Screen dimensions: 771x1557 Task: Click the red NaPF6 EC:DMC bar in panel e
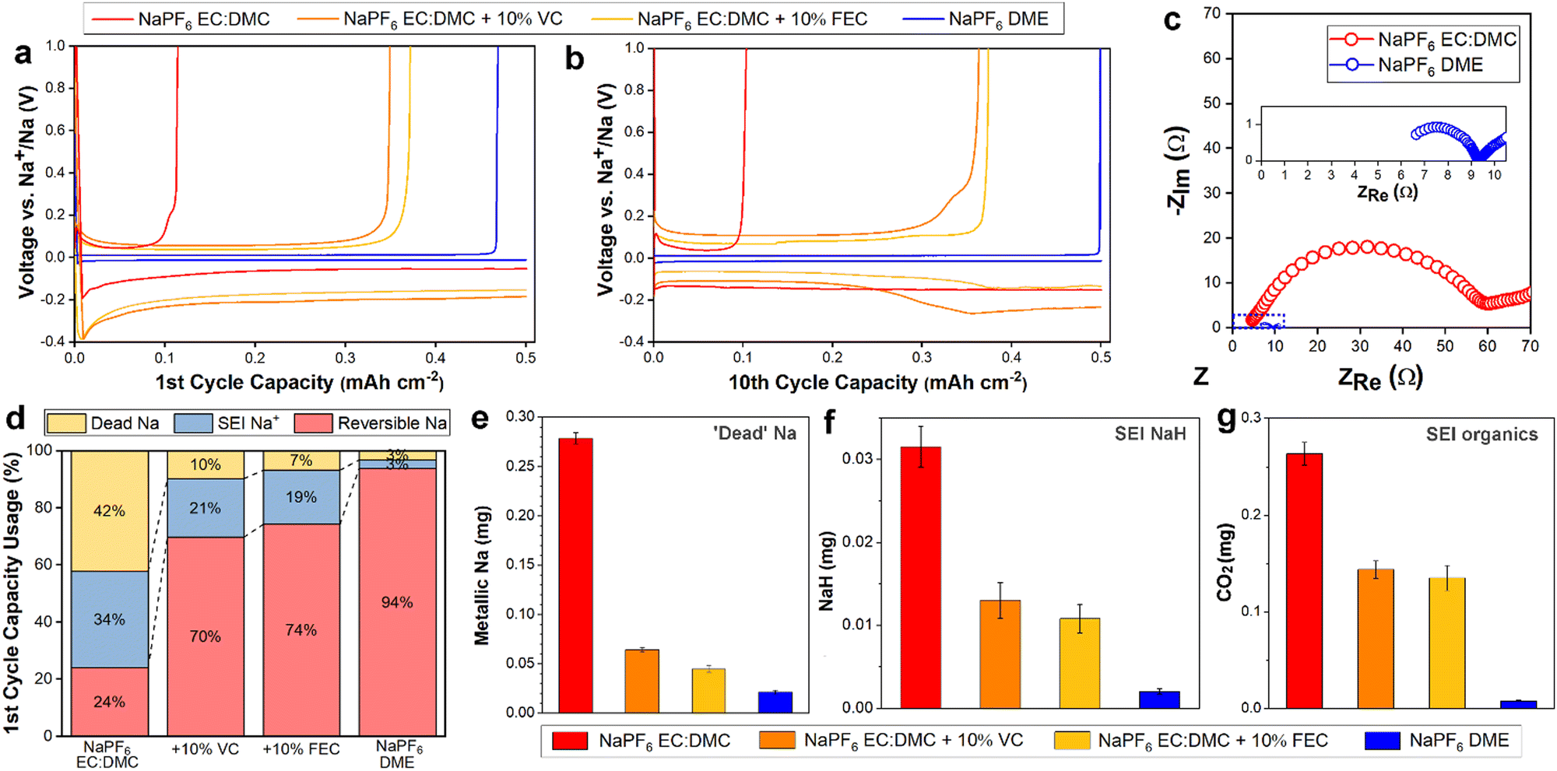click(x=575, y=576)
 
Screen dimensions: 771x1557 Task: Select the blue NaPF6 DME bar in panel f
click(x=1159, y=699)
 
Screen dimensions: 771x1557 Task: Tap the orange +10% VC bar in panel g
click(x=1376, y=638)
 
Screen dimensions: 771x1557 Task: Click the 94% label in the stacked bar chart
click(x=397, y=602)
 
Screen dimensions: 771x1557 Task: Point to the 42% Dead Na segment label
click(x=109, y=511)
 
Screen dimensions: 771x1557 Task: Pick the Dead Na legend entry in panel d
click(x=104, y=423)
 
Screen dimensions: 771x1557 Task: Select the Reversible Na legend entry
click(x=372, y=423)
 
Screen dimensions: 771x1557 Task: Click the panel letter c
click(x=1172, y=19)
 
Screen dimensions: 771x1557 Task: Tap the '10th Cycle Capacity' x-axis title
click(x=877, y=383)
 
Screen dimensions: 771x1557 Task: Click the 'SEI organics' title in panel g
click(x=1481, y=435)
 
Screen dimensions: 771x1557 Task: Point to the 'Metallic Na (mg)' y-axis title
click(x=482, y=576)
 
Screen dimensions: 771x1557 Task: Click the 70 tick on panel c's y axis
click(x=1211, y=13)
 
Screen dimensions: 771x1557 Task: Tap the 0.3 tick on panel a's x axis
click(x=345, y=358)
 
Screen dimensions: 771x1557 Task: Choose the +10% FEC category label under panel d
click(x=301, y=749)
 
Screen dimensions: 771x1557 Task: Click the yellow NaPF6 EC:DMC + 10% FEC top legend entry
click(x=732, y=19)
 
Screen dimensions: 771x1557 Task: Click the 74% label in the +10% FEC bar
click(x=301, y=630)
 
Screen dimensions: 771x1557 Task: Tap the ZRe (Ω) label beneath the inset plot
click(x=1387, y=192)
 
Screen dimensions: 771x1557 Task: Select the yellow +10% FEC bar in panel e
click(x=708, y=691)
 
